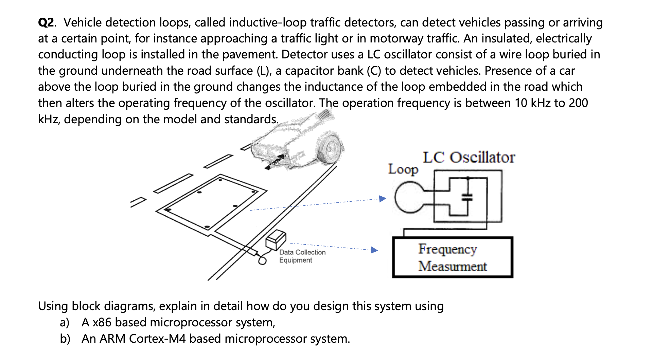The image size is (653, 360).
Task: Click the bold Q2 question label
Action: coord(46,23)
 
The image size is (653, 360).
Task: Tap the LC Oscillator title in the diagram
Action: coord(469,158)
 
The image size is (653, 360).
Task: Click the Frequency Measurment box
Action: coord(452,257)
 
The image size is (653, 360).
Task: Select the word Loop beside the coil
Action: coord(403,169)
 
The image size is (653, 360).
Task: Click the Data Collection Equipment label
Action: coord(302,256)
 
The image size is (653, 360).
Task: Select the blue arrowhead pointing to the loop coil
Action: coord(383,199)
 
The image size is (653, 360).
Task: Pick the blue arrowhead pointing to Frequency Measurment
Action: coord(374,250)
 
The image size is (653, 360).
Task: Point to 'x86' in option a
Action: coord(102,322)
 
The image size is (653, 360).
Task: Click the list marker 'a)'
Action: coord(65,322)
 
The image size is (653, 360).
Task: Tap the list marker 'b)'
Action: coord(65,339)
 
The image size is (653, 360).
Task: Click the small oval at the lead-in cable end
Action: coord(262,260)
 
